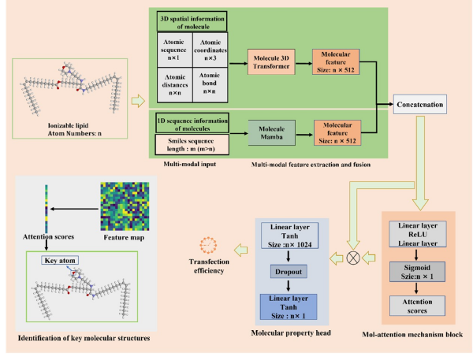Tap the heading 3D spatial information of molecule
pos(192,20)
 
